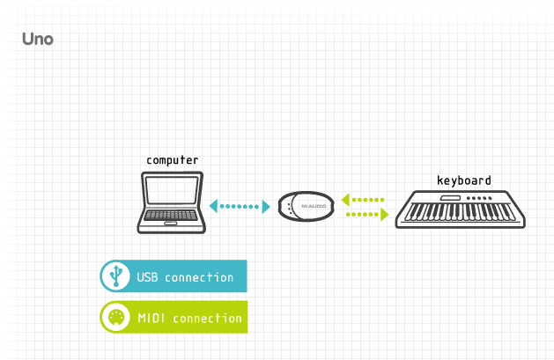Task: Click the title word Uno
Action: pyautogui.click(x=38, y=40)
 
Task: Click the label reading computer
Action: pyautogui.click(x=172, y=160)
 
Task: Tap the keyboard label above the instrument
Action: pyautogui.click(x=464, y=180)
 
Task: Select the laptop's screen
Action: pyautogui.click(x=172, y=190)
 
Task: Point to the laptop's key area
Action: pyautogui.click(x=172, y=216)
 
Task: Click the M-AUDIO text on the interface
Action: pyautogui.click(x=313, y=207)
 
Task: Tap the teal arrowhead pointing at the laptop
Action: pyautogui.click(x=213, y=207)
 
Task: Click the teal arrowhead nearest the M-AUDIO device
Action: pyautogui.click(x=266, y=207)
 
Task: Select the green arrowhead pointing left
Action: pyautogui.click(x=345, y=199)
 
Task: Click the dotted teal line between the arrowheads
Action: pyautogui.click(x=240, y=207)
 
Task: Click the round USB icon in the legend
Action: pyautogui.click(x=114, y=276)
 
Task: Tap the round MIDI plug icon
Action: pyautogui.click(x=114, y=318)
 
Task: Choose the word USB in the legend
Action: pyautogui.click(x=146, y=277)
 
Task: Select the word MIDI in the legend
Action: pyautogui.click(x=151, y=318)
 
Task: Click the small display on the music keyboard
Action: pyautogui.click(x=450, y=197)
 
